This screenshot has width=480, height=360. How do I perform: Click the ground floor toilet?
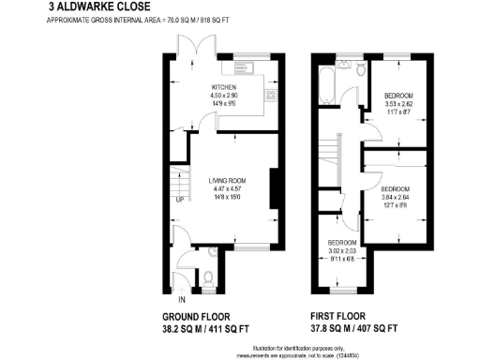208,277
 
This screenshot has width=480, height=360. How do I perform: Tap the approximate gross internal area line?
135,21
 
